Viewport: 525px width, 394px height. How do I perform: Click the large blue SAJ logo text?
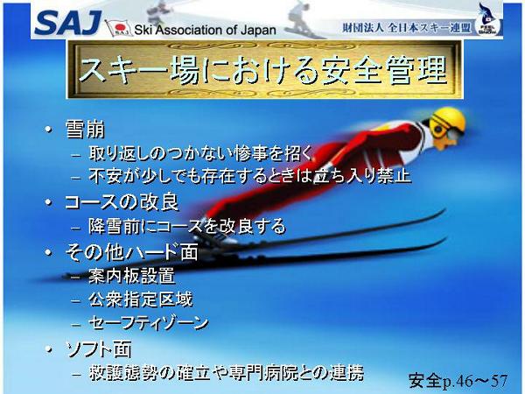pyautogui.click(x=68, y=23)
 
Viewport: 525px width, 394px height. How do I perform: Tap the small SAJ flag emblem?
pyautogui.click(x=118, y=27)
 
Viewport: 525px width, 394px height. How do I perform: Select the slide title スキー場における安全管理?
pyautogui.click(x=263, y=70)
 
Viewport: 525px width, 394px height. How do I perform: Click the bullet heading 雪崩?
pyautogui.click(x=85, y=129)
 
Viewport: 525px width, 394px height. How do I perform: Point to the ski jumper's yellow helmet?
pyautogui.click(x=447, y=122)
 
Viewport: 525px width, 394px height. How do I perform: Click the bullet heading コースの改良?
pyautogui.click(x=122, y=202)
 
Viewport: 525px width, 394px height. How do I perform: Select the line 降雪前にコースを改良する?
pyautogui.click(x=187, y=226)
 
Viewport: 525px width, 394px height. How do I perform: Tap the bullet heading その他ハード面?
pyautogui.click(x=131, y=251)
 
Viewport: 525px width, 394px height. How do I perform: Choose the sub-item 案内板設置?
pyautogui.click(x=131, y=276)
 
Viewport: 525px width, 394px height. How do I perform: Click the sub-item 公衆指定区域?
pyautogui.click(x=141, y=299)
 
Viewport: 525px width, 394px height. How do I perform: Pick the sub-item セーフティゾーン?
pyautogui.click(x=149, y=323)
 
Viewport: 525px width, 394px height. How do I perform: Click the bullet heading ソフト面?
pyautogui.click(x=98, y=349)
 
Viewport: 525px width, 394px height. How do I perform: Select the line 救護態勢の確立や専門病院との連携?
pyautogui.click(x=227, y=373)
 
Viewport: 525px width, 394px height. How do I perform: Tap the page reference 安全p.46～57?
pyautogui.click(x=458, y=381)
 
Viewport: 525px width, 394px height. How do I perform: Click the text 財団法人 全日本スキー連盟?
pyautogui.click(x=407, y=28)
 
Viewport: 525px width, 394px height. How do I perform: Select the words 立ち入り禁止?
pyautogui.click(x=361, y=176)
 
